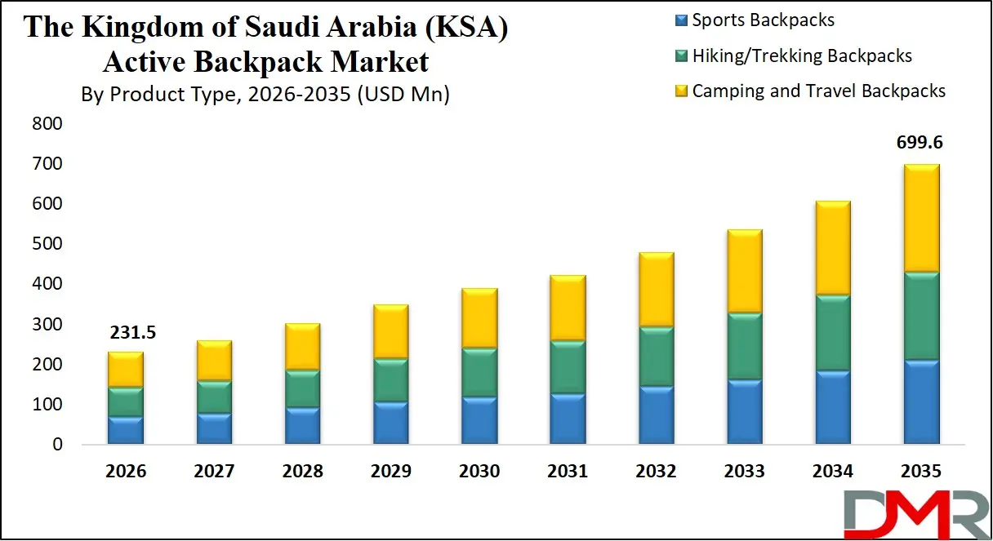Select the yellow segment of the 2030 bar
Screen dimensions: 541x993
pyautogui.click(x=479, y=318)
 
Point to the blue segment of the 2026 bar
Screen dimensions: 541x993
pyautogui.click(x=126, y=430)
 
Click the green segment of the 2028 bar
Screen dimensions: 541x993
pyautogui.click(x=302, y=388)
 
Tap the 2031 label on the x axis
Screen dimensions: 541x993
pyautogui.click(x=568, y=472)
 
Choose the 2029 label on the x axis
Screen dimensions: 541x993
pyautogui.click(x=391, y=472)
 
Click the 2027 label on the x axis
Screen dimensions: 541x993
pyautogui.click(x=214, y=472)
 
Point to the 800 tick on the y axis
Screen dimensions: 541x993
pyautogui.click(x=47, y=124)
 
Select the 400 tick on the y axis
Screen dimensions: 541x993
pyautogui.click(x=47, y=284)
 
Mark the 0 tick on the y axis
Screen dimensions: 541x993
pyautogui.click(x=57, y=445)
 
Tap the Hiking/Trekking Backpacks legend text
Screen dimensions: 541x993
pyautogui.click(x=802, y=55)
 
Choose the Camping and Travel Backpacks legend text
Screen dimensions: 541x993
pyautogui.click(x=818, y=91)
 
